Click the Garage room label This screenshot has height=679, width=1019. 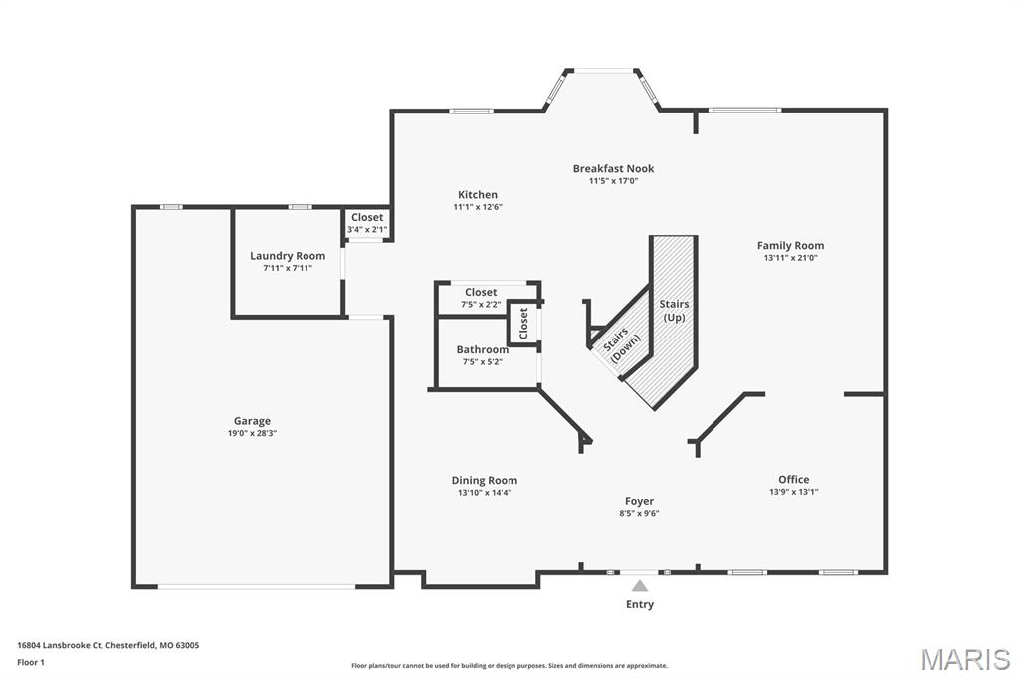tap(252, 421)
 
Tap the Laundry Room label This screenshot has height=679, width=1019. tap(288, 256)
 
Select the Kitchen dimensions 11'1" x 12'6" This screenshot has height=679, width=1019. tap(478, 207)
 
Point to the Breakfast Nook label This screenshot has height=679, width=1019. tap(613, 168)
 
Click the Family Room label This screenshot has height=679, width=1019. tap(790, 245)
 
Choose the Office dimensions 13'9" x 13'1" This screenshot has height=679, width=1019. tap(793, 492)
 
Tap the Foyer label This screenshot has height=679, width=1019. tap(639, 501)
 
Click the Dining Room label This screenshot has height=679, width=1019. tap(485, 480)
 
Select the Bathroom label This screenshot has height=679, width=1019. tap(482, 349)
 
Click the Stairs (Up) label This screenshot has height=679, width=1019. tap(674, 310)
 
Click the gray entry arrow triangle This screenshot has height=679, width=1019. tap(640, 586)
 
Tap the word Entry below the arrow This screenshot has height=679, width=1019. tap(640, 604)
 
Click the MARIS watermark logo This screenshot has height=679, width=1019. tap(964, 659)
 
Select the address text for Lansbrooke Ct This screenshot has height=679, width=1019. tap(107, 645)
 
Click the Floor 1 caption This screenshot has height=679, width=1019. tap(31, 662)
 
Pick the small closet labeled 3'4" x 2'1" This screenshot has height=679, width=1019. tap(366, 223)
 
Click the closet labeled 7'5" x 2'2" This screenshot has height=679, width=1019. tap(481, 298)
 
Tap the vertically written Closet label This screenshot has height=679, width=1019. tap(523, 324)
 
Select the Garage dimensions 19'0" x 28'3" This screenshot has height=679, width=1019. tap(252, 433)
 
